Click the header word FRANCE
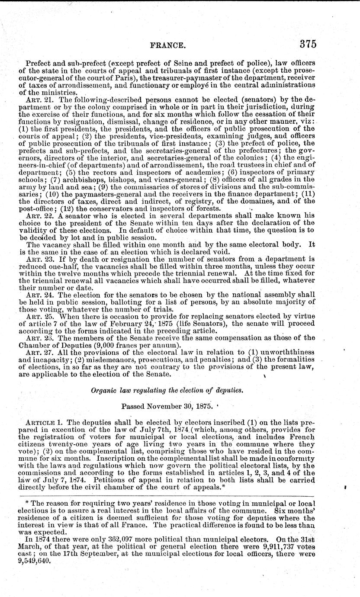pos(167,45)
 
